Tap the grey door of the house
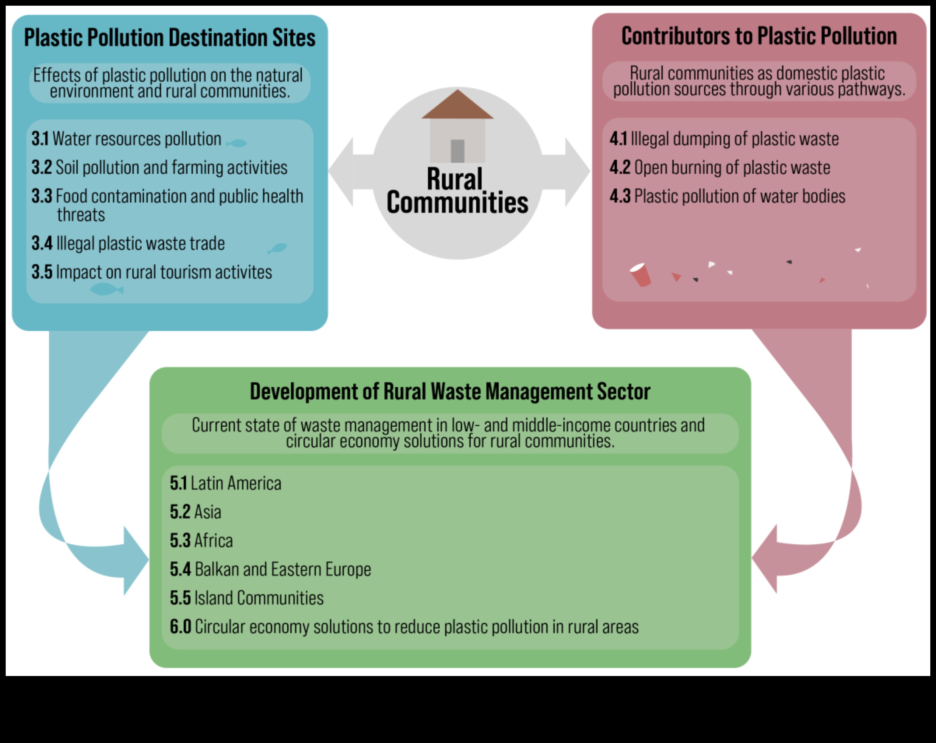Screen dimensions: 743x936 point(458,151)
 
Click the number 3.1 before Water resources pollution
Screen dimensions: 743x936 point(40,139)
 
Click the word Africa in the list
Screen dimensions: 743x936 point(213,541)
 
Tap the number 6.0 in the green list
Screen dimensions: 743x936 point(180,627)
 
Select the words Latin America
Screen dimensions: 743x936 point(236,483)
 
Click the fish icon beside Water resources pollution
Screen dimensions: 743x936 point(237,143)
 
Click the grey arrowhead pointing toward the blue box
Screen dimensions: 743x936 point(342,172)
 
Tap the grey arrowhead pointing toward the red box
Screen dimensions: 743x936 point(576,172)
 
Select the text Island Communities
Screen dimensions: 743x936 point(259,598)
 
